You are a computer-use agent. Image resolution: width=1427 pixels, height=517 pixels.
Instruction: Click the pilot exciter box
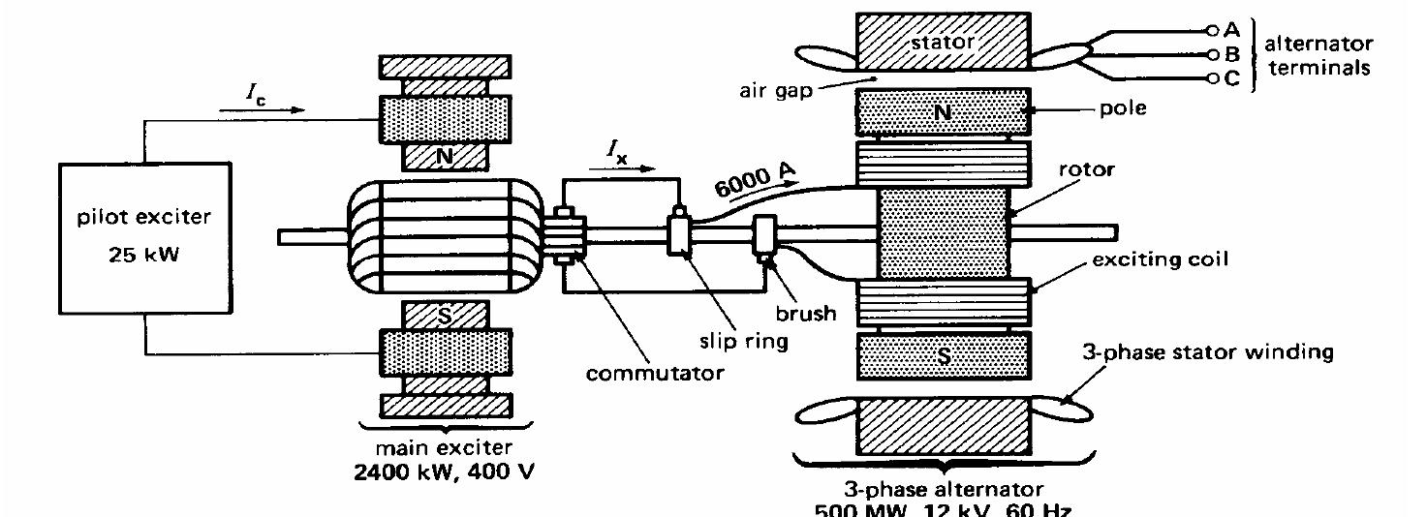145,237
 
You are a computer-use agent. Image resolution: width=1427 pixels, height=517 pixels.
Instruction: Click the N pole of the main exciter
444,154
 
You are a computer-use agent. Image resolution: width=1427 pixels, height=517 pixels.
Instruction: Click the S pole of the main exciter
444,316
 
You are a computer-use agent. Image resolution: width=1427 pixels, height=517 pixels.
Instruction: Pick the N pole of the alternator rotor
942,111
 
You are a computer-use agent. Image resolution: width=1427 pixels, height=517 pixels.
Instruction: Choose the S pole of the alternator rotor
942,356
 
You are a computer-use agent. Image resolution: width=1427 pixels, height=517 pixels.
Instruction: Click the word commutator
653,373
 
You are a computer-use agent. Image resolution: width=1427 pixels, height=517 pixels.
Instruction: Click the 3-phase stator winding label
1206,351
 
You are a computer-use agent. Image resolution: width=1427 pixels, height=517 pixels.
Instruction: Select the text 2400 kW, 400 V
444,473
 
